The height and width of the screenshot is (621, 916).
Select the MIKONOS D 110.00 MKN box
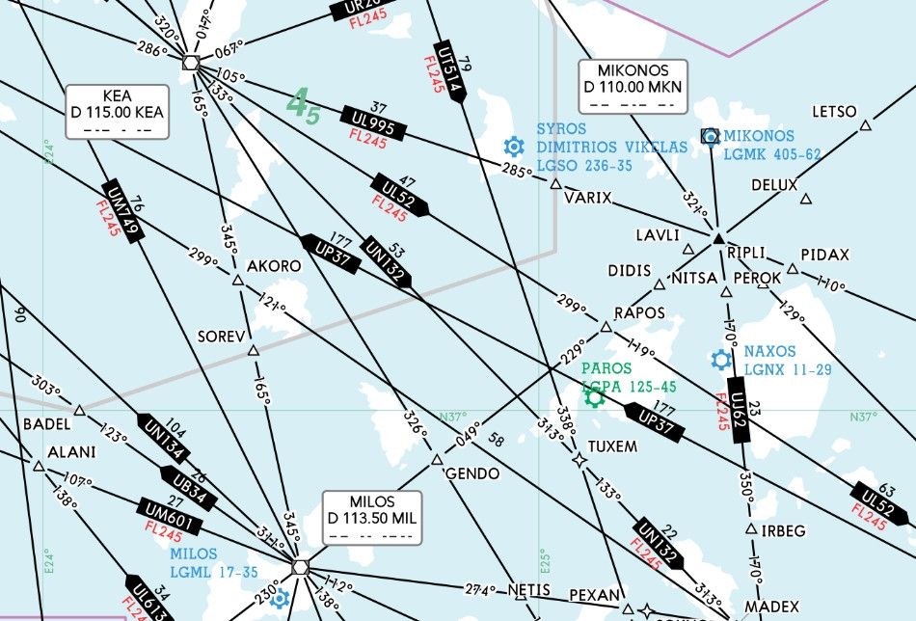(x=633, y=86)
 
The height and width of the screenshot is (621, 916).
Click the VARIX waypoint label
(x=588, y=198)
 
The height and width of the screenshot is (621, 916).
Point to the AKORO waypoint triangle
(x=238, y=281)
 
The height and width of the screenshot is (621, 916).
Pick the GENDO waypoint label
(x=472, y=474)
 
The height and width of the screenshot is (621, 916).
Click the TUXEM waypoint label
(x=612, y=446)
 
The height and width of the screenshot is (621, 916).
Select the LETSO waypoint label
(x=834, y=112)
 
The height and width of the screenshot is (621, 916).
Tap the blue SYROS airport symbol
(x=514, y=148)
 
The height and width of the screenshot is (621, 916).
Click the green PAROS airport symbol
(x=594, y=395)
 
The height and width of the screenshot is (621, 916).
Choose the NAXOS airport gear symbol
(x=720, y=360)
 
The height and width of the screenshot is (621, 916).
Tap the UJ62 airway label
(x=740, y=413)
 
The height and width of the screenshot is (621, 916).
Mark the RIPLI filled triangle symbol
(x=718, y=237)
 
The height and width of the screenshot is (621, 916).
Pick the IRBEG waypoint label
(x=782, y=531)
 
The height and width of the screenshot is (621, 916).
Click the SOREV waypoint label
(x=218, y=337)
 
